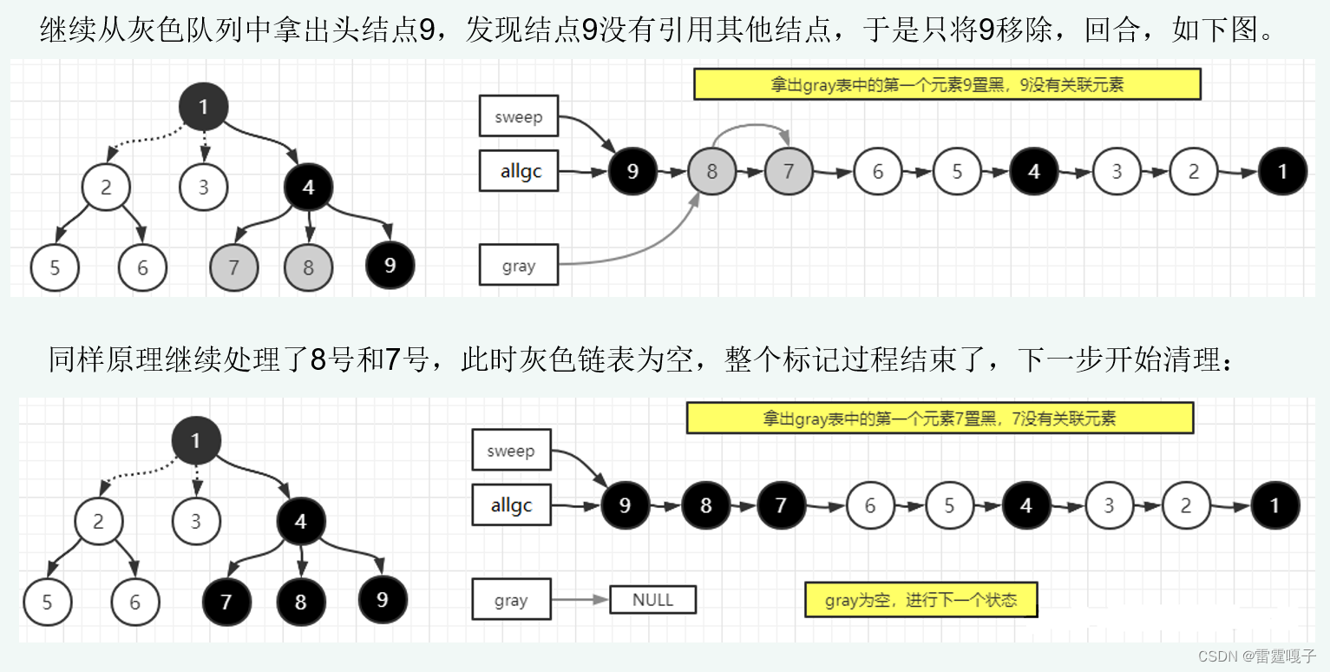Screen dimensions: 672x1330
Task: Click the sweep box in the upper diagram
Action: click(x=518, y=117)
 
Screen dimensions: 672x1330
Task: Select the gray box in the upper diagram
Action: click(x=518, y=266)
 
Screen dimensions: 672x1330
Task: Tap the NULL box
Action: click(x=652, y=599)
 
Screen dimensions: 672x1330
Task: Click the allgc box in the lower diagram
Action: click(x=511, y=505)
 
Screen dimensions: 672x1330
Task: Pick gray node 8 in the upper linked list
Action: click(x=711, y=171)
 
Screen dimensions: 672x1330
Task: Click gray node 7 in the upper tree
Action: click(x=233, y=267)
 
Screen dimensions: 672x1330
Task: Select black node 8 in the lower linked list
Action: click(x=705, y=506)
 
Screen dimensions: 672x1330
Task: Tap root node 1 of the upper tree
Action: click(x=203, y=107)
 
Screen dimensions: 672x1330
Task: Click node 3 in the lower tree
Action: click(x=195, y=522)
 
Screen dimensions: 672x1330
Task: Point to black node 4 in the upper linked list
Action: click(x=1033, y=171)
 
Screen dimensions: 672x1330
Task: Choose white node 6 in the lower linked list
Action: click(x=870, y=506)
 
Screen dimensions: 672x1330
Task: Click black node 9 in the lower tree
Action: click(x=382, y=599)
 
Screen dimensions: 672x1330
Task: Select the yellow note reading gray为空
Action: click(x=921, y=600)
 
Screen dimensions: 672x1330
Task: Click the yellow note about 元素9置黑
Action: click(x=947, y=84)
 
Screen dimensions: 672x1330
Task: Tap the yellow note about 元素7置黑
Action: click(x=939, y=418)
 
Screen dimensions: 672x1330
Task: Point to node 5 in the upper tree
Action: click(x=55, y=267)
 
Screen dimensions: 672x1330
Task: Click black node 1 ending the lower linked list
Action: click(x=1274, y=506)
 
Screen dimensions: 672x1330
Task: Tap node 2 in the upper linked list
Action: click(x=1193, y=171)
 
